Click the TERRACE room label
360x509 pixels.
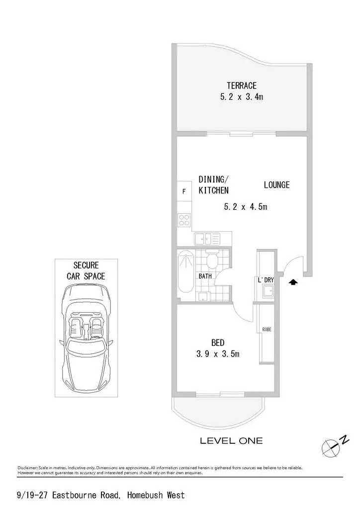point(242,85)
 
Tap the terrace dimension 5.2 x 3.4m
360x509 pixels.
point(242,97)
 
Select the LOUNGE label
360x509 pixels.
point(276,185)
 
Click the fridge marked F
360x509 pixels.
point(184,191)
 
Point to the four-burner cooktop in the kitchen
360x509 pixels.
point(184,220)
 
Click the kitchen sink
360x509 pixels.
point(207,239)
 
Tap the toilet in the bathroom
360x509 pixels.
point(213,259)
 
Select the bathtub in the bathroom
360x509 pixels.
point(185,274)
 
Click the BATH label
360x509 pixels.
point(205,276)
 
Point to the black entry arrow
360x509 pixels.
point(293,282)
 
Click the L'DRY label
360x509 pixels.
point(266,280)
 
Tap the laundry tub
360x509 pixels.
point(268,291)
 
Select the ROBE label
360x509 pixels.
point(267,330)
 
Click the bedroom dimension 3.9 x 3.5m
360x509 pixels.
point(218,354)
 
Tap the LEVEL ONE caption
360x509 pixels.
point(231,441)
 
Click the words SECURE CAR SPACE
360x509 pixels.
point(86,271)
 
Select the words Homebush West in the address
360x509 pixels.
point(156,495)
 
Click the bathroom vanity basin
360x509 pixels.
point(203,296)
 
